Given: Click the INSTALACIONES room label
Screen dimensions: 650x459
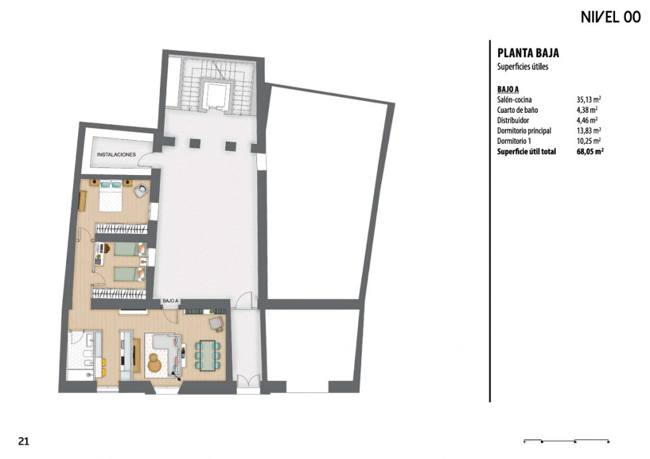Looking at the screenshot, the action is click(117, 155).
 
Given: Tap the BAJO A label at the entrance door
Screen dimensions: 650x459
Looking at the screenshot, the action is click(170, 301).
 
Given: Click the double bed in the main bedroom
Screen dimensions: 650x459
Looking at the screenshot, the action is click(110, 196).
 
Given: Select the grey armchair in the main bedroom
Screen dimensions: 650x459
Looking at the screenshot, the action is click(140, 190).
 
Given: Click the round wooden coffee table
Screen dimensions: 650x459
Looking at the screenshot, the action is click(156, 363).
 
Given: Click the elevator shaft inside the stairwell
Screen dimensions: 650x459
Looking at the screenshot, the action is click(216, 95).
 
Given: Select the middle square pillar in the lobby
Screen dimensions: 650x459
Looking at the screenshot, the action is click(195, 143).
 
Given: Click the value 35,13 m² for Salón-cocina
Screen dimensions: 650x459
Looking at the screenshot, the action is click(588, 100).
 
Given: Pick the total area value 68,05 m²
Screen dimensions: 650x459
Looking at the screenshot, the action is click(590, 152).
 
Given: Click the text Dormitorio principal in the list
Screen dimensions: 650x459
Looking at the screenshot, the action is click(524, 131).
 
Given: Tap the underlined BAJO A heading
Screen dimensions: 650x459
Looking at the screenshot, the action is click(508, 89).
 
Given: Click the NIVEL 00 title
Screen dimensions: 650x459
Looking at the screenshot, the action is click(611, 17).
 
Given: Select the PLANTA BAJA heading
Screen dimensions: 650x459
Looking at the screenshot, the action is click(528, 53).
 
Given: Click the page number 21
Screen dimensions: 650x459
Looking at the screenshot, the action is click(23, 441).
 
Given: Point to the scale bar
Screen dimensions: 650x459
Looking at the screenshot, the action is click(566, 441).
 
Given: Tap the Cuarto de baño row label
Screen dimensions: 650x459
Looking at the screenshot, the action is click(517, 110).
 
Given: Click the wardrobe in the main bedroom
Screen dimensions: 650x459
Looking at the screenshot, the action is click(121, 229).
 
